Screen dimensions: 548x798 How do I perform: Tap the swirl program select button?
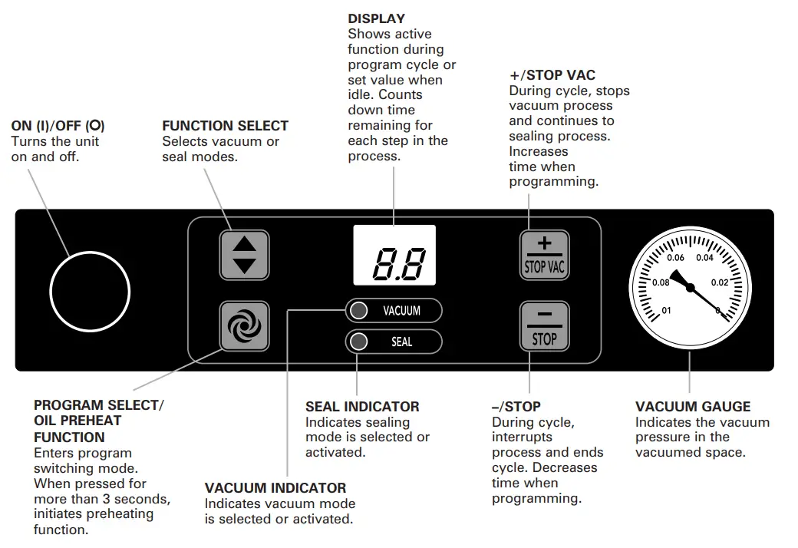click(244, 326)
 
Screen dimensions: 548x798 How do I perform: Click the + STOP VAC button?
click(544, 254)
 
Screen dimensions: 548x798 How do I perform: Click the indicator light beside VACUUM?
click(358, 311)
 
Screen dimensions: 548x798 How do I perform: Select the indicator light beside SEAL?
click(358, 342)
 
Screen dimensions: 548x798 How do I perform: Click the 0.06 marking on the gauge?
click(675, 258)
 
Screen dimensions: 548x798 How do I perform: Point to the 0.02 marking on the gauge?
click(720, 282)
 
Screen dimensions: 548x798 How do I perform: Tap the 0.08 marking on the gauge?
click(660, 282)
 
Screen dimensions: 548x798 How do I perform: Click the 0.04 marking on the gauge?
click(704, 258)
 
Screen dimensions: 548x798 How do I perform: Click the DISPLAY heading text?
click(376, 18)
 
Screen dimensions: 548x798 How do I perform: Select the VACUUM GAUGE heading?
click(693, 407)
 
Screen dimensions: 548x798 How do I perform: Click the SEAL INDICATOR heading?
click(362, 407)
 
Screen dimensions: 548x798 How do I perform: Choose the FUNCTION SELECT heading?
click(225, 126)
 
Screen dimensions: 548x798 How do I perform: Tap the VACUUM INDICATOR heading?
click(275, 488)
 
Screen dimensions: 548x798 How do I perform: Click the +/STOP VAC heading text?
click(552, 75)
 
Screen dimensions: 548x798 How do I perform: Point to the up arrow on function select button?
click(244, 244)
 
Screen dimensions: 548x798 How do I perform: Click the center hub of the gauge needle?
click(690, 288)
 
